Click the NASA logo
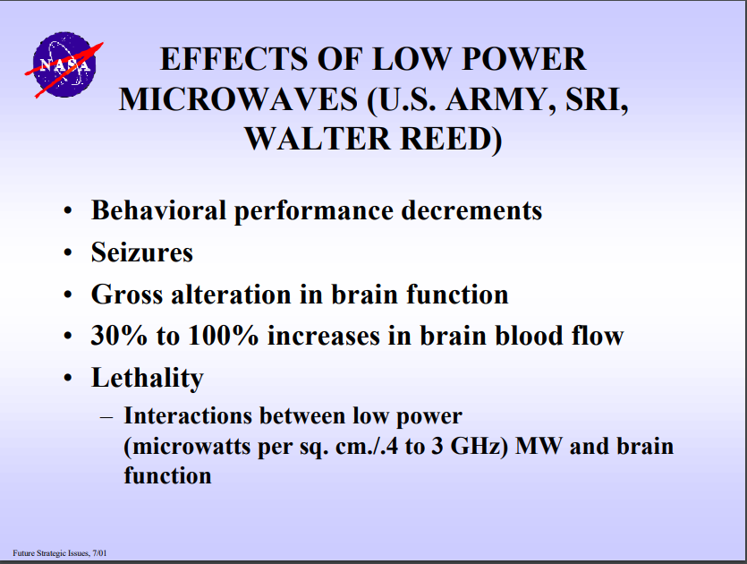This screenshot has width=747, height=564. (64, 64)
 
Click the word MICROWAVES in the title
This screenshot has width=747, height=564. (238, 99)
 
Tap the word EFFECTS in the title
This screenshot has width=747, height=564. (233, 59)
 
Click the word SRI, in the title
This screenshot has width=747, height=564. (597, 100)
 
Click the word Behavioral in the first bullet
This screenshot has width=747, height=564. (158, 209)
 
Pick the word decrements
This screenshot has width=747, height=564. (471, 210)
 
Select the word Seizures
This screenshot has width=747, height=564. (142, 252)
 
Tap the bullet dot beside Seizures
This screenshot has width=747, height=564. (68, 252)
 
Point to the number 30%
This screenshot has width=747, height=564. (119, 335)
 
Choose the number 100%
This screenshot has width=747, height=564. (224, 335)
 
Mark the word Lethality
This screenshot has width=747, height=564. (148, 379)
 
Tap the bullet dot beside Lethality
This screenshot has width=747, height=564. (68, 378)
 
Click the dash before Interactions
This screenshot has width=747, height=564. (106, 417)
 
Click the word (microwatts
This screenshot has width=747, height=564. (187, 447)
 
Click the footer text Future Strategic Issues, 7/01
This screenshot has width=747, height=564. (60, 553)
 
